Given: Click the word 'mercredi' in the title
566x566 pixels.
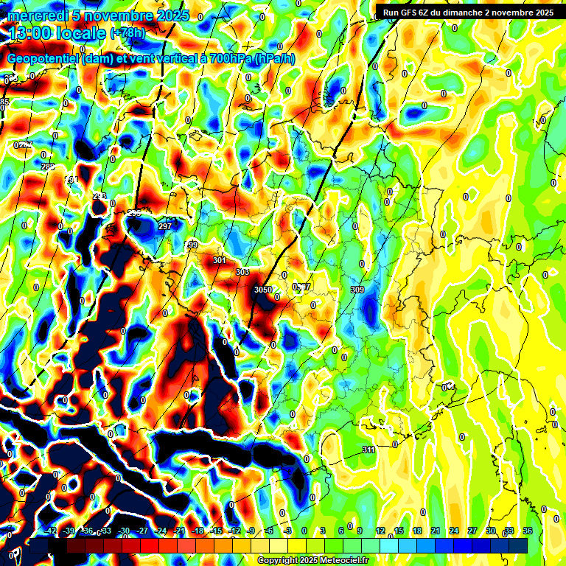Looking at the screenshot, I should [34, 15].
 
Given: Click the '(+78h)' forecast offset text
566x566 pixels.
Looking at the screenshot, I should [127, 33].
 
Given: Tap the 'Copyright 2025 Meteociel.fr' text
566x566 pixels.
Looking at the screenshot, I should [312, 560].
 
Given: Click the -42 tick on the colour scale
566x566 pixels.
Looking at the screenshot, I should [49, 531].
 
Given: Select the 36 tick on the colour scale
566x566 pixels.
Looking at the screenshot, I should [528, 531].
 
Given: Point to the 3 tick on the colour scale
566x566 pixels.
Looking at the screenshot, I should [323, 531].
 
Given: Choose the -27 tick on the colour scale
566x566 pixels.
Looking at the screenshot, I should [142, 531].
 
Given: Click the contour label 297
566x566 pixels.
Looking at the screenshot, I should [165, 226].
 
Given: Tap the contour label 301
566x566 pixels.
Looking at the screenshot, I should [219, 260].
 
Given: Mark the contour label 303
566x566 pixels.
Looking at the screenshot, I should [242, 272].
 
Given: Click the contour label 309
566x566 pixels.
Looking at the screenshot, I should [357, 290].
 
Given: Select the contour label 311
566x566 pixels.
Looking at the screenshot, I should [368, 450].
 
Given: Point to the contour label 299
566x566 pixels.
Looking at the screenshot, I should [192, 244].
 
